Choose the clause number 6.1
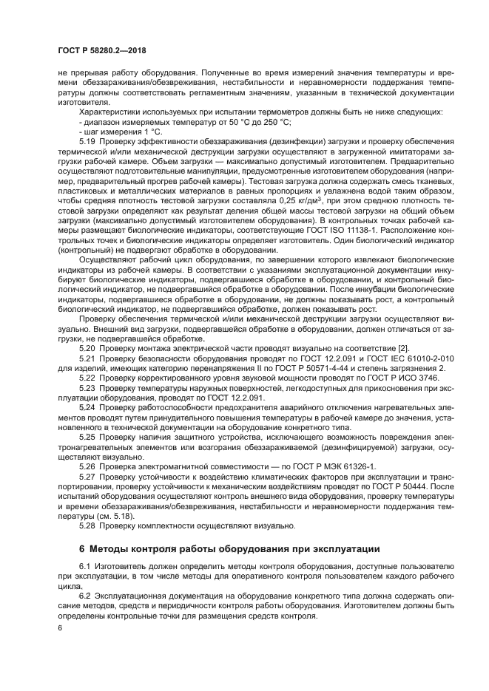pos(84,567)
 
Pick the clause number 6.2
pos(84,596)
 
